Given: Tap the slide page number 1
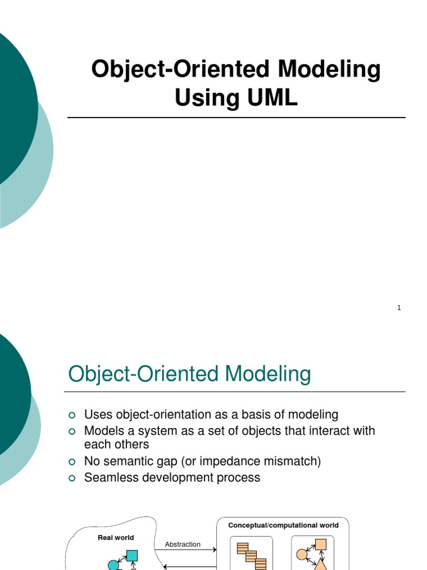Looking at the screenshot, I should (x=399, y=308).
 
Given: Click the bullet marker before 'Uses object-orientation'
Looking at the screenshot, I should (x=71, y=415).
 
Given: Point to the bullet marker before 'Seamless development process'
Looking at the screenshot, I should (x=71, y=478).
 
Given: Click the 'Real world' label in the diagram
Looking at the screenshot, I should (x=116, y=538).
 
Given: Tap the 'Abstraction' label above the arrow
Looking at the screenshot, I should (x=182, y=544).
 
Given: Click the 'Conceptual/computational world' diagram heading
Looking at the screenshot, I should (x=283, y=525).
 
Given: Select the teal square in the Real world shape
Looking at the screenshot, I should (x=132, y=556).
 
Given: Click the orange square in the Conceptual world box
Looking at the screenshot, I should (x=320, y=544).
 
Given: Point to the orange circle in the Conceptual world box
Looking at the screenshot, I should (x=302, y=554).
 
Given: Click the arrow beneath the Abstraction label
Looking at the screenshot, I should (x=189, y=551).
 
